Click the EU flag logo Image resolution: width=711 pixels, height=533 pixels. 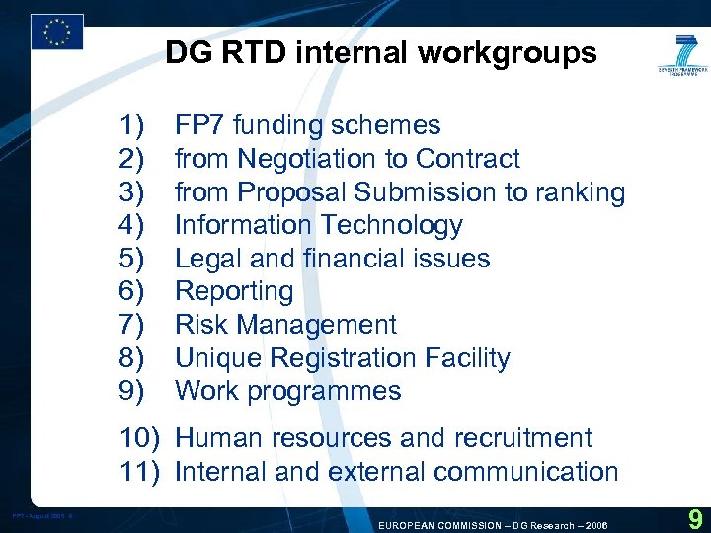[x=56, y=32]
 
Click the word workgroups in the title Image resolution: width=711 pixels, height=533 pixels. [x=507, y=52]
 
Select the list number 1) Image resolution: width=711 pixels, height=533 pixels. [x=132, y=125]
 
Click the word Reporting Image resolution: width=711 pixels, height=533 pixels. [x=234, y=291]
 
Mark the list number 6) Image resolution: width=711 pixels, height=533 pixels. [x=132, y=291]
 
